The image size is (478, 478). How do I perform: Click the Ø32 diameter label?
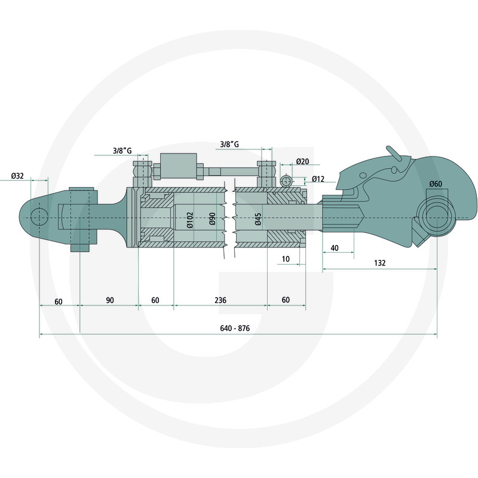(x=17, y=176)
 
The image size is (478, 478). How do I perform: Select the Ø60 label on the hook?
(x=436, y=184)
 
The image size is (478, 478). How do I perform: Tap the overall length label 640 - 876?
(x=235, y=328)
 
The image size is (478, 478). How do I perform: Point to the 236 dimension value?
(x=220, y=301)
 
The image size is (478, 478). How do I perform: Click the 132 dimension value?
(x=380, y=263)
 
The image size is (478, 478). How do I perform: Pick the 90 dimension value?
(x=110, y=301)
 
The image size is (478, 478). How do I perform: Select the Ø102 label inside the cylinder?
(x=190, y=220)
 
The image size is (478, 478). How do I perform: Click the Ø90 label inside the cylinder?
(x=213, y=219)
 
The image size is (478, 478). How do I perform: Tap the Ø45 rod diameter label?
(x=258, y=219)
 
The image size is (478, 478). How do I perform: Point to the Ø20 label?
(x=302, y=161)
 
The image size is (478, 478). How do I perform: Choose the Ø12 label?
(x=318, y=179)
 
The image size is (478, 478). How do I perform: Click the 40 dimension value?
(x=335, y=248)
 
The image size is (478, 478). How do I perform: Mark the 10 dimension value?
(x=286, y=259)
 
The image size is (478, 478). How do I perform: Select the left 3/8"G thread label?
(x=122, y=151)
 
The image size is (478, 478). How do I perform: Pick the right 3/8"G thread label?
(x=229, y=144)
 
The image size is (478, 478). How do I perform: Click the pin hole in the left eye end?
(x=39, y=217)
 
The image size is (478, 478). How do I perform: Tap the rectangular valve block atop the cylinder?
(x=178, y=167)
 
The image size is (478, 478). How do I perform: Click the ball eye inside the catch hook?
(x=437, y=217)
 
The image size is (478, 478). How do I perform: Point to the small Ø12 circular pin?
(x=287, y=182)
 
